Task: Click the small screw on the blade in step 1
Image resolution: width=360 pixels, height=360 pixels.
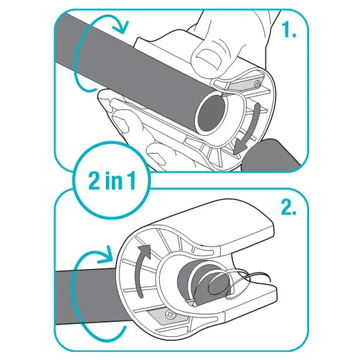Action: point(257,84)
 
